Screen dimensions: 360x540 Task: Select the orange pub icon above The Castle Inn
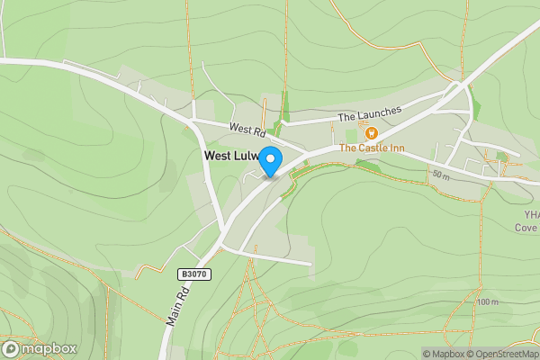pyautogui.click(x=370, y=133)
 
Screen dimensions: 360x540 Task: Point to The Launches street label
pyautogui.click(x=369, y=117)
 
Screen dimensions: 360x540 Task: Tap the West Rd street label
pyautogui.click(x=245, y=130)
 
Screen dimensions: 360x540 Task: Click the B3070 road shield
pyautogui.click(x=193, y=274)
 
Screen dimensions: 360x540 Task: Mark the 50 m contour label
pyautogui.click(x=440, y=174)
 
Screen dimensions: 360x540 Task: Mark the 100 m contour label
pyautogui.click(x=488, y=302)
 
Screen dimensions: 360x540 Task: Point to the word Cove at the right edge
pyautogui.click(x=526, y=228)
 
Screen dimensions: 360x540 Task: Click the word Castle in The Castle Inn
pyautogui.click(x=373, y=148)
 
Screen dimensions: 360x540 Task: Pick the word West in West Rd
pyautogui.click(x=239, y=128)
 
